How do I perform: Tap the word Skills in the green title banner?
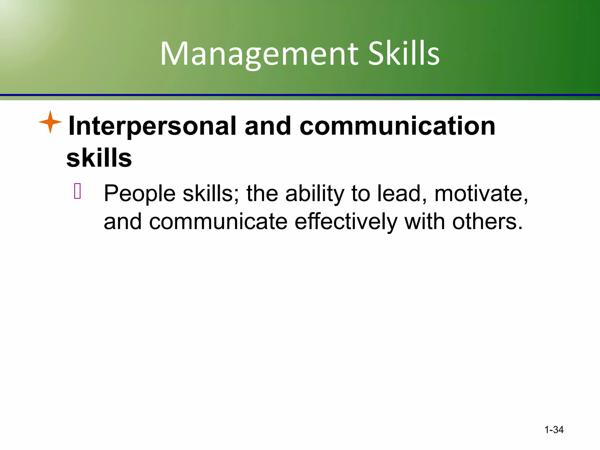(404, 53)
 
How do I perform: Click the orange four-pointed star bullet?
(50, 122)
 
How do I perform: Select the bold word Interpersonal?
(152, 126)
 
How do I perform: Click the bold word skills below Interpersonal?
(99, 158)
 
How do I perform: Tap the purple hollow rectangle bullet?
(77, 191)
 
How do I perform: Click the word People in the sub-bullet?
(140, 194)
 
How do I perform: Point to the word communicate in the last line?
(218, 222)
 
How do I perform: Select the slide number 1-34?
(554, 430)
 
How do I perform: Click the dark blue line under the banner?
(300, 95)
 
